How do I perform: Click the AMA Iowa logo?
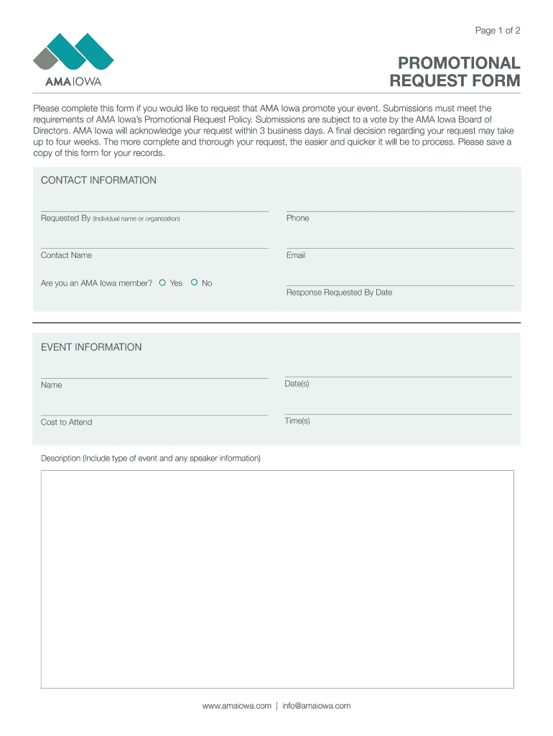73,59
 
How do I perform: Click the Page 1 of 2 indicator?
497,30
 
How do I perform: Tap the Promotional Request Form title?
454,72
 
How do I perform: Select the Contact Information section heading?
98,180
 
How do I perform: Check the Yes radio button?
162,283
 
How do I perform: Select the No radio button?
195,283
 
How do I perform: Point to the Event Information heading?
91,347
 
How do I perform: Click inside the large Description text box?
277,579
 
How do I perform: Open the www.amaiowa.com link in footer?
237,706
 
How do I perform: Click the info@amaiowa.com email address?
316,706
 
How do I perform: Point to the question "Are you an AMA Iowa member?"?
96,283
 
